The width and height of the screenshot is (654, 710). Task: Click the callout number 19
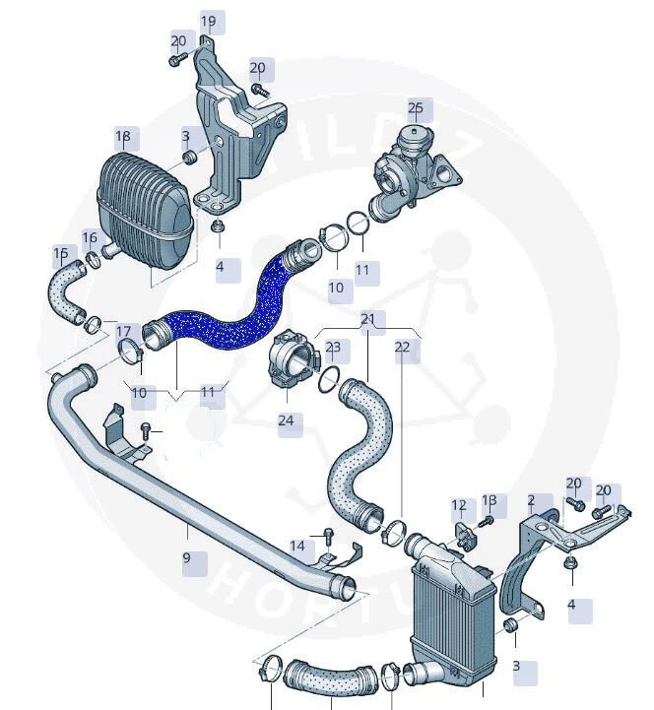pos(208,21)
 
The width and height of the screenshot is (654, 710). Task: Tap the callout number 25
pos(415,107)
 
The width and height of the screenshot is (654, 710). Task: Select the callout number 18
pos(123,136)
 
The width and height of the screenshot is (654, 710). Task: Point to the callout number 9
pos(186,557)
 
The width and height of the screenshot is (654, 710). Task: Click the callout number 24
pos(287,420)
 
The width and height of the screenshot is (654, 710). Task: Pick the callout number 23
pos(332,347)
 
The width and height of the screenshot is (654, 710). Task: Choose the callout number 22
pos(402,347)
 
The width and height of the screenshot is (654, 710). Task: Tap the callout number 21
pos(367,319)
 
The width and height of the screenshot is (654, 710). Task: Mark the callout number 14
pos(297,546)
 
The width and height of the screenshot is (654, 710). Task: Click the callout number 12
pos(458,506)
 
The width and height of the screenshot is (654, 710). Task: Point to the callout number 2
pos(531,500)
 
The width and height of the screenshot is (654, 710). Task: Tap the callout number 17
pos(123,332)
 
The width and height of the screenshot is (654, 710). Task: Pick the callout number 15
pos(61,253)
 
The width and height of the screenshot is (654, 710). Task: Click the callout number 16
pos(90,237)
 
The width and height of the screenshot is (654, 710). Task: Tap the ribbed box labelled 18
pos(143,202)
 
